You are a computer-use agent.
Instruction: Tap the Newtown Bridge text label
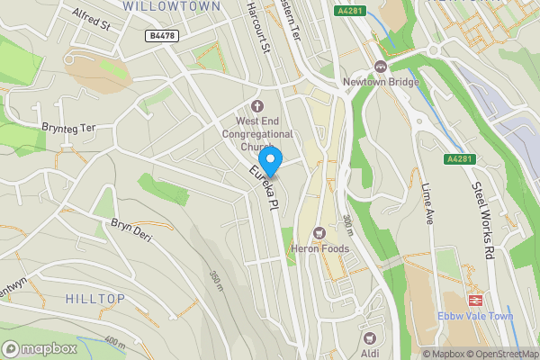pos(381,82)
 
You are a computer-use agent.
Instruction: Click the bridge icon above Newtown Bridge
pos(381,67)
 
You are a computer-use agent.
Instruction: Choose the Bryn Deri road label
pos(130,230)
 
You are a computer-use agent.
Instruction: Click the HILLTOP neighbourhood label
pos(95,297)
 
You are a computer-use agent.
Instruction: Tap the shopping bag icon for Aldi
pos(369,338)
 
